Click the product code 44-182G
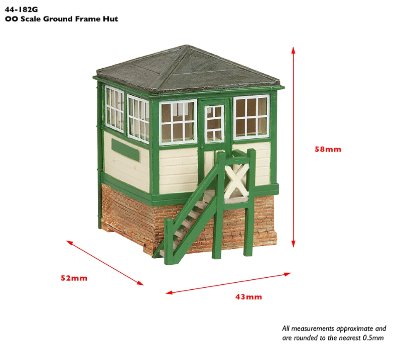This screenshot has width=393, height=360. pos(22,9)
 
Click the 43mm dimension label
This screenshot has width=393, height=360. pos(248,297)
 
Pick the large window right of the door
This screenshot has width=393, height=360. pos(251,118)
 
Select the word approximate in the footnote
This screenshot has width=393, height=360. pos(347,329)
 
